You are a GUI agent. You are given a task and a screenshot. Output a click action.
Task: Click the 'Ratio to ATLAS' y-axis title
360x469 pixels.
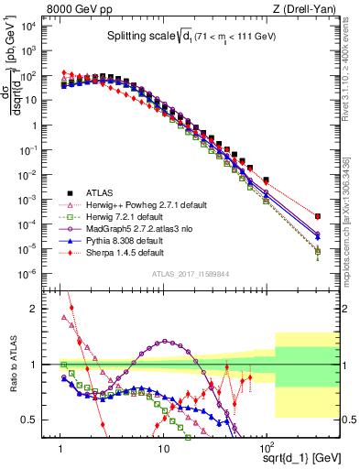coord(14,366)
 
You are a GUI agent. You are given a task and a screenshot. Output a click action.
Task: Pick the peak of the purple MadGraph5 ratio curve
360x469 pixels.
coord(165,341)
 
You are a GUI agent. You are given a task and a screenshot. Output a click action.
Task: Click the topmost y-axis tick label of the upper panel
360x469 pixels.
coord(41,26)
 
